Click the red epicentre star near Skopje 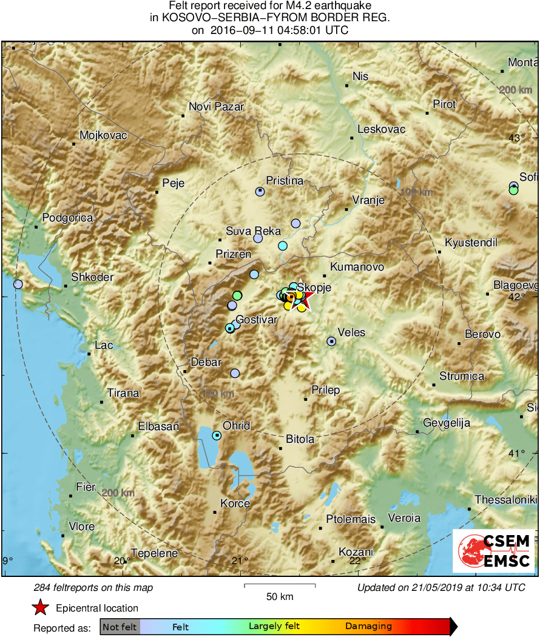[302, 299]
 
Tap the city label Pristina [285, 180]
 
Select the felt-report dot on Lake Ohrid [217, 435]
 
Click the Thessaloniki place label [505, 499]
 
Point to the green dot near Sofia [513, 190]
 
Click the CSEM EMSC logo [494, 551]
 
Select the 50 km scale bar [280, 585]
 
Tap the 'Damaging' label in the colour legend [368, 627]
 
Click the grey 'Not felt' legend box [120, 627]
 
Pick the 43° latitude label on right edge [516, 138]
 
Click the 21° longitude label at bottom [242, 560]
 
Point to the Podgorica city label [67, 218]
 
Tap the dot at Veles [331, 342]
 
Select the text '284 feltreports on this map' [93, 587]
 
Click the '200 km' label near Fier [118, 493]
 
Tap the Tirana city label [123, 393]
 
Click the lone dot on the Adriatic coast [18, 284]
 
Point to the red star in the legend [40, 607]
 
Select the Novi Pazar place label [216, 107]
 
